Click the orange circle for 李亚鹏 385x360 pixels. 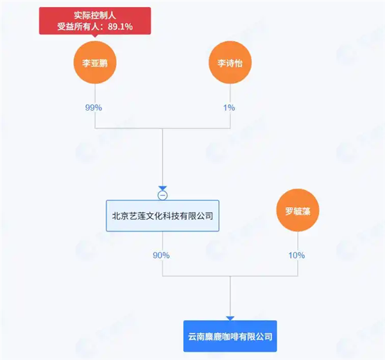click(x=94, y=64)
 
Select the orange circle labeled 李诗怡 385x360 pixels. click(x=229, y=64)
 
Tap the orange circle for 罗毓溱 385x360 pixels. click(x=297, y=211)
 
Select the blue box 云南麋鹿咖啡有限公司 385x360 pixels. click(x=230, y=336)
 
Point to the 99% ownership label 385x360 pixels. click(x=94, y=107)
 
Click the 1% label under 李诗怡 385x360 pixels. click(x=229, y=107)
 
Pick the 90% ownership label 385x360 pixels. click(x=161, y=255)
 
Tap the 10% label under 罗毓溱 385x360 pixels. click(x=296, y=255)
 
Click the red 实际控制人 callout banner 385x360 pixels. click(x=94, y=21)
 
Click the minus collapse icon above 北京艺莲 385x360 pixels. click(x=162, y=195)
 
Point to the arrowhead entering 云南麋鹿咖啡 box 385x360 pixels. click(x=230, y=318)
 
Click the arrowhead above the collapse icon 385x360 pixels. click(x=162, y=187)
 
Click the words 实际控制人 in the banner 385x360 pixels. click(x=94, y=14)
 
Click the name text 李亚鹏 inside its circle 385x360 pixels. click(x=94, y=64)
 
